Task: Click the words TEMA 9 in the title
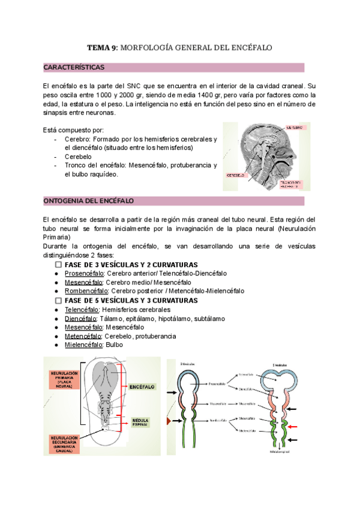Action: (x=102, y=47)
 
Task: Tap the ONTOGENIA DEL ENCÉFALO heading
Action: (x=89, y=200)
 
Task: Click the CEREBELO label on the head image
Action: (x=235, y=175)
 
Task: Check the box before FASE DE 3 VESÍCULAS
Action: (x=59, y=265)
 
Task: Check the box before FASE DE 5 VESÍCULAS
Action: (x=59, y=300)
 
